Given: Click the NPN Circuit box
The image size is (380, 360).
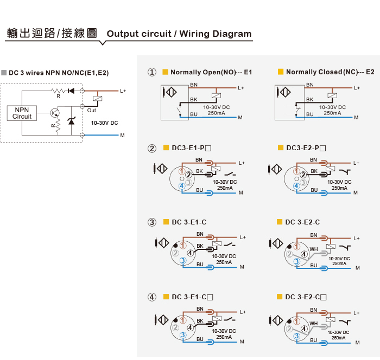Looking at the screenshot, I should coord(22,113).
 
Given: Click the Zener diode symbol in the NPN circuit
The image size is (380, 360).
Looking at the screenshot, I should coord(71,120).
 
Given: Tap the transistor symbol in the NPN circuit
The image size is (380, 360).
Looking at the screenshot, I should coord(55,113).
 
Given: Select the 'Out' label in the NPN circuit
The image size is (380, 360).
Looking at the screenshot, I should coord(92,111).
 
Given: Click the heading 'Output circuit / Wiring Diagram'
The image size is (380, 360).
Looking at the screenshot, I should coord(179,34).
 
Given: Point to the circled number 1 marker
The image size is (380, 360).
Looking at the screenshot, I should coord(152,72).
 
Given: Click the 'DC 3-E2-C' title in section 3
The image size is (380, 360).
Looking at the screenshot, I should coord(302,222).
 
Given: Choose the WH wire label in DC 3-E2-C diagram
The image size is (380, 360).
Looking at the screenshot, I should coord(313,249).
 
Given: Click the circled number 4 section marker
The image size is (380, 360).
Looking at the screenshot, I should coord(152,297).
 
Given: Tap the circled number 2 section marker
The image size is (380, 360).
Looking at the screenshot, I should coord(152,148).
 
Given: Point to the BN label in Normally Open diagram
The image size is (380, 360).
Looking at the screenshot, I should coord(194,85).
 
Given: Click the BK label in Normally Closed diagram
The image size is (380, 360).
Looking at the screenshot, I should coord(310,100).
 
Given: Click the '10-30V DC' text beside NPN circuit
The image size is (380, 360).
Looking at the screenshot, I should coord(104,123).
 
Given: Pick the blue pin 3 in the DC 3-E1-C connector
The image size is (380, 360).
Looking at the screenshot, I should coord(183,261).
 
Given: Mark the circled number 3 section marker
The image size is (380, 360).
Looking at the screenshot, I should coord(152,222).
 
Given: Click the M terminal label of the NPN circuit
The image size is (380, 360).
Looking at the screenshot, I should coord(122,135).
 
